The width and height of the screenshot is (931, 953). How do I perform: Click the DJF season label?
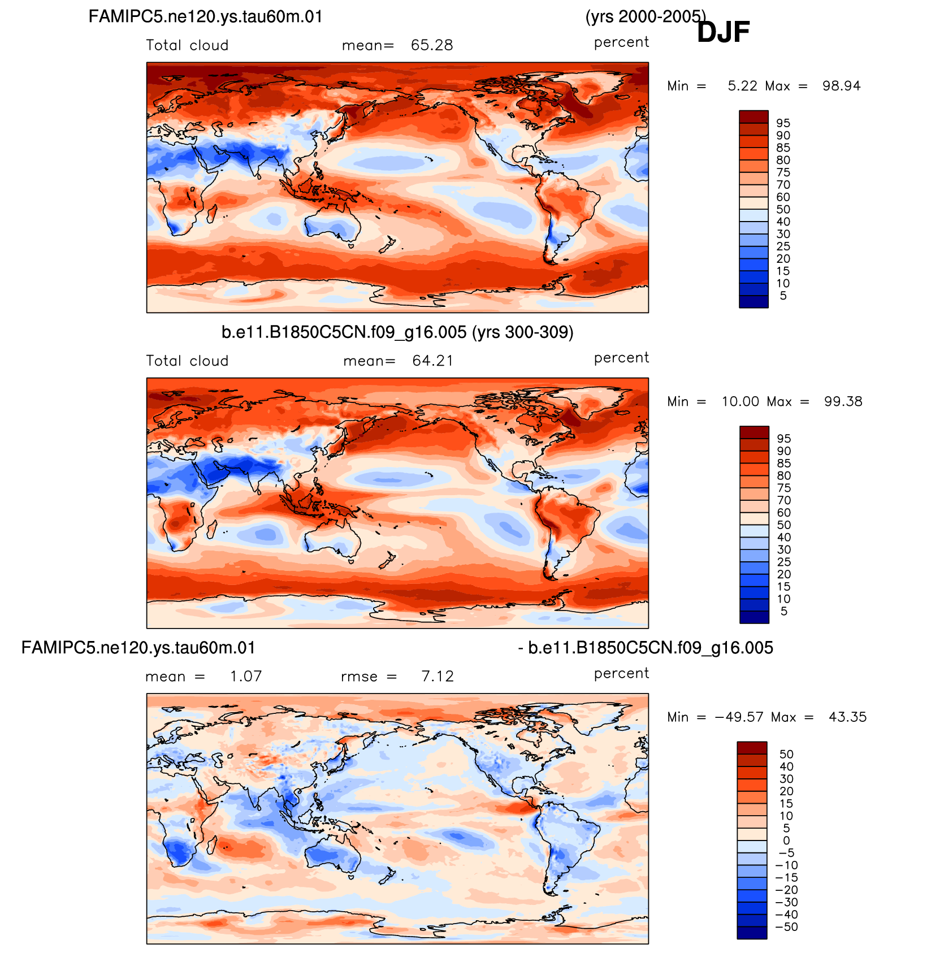pyautogui.click(x=723, y=32)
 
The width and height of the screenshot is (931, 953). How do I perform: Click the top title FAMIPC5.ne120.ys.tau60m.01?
pyautogui.click(x=206, y=16)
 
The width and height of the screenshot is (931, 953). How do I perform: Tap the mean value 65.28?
pyautogui.click(x=432, y=45)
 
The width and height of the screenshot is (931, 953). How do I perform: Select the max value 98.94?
pyautogui.click(x=841, y=86)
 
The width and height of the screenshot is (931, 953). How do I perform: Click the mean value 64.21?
pyautogui.click(x=432, y=361)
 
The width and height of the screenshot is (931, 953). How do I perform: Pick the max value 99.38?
pyautogui.click(x=843, y=401)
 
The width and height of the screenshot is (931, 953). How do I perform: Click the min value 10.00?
pyautogui.click(x=740, y=401)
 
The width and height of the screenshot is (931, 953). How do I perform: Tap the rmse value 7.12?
pyautogui.click(x=438, y=677)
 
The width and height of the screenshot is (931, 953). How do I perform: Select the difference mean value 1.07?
pyautogui.click(x=246, y=677)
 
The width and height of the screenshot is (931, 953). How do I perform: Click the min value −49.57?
pyautogui.click(x=735, y=717)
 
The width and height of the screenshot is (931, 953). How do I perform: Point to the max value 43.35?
pyautogui.click(x=847, y=717)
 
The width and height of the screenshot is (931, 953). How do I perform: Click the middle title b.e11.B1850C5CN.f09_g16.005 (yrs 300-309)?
pyautogui.click(x=397, y=332)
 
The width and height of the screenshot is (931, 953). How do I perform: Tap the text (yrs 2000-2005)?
pyautogui.click(x=646, y=17)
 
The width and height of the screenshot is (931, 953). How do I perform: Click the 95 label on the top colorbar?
pyautogui.click(x=783, y=123)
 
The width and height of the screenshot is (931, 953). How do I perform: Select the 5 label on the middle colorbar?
pyautogui.click(x=784, y=611)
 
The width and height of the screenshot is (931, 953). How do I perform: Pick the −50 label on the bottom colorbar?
pyautogui.click(x=786, y=926)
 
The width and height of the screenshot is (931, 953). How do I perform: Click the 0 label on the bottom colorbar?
pyautogui.click(x=786, y=841)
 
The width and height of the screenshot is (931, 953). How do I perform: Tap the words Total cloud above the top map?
pyautogui.click(x=187, y=45)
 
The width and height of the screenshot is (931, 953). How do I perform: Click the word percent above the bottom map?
pyautogui.click(x=621, y=674)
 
